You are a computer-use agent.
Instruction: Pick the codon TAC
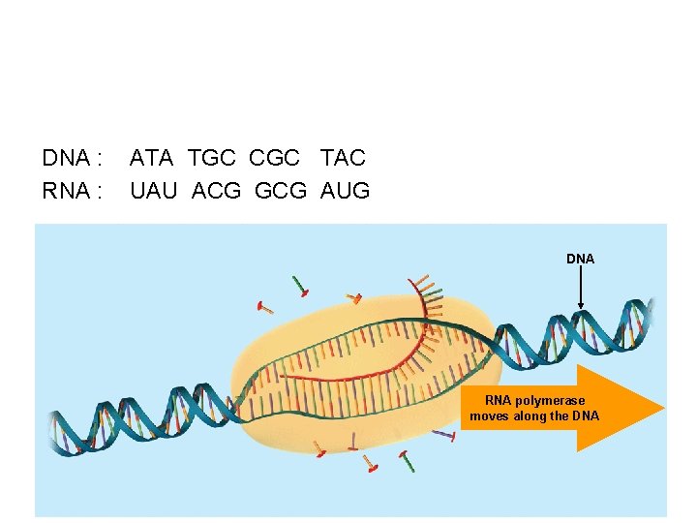(343, 157)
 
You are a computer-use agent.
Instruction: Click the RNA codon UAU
(154, 191)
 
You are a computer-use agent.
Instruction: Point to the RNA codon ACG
(217, 191)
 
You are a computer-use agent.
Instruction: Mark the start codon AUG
(346, 191)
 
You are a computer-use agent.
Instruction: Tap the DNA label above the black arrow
(580, 259)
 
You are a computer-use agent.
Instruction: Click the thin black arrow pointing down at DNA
(580, 290)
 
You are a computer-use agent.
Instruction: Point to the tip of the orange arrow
(663, 408)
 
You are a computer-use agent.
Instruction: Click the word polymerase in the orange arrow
(550, 400)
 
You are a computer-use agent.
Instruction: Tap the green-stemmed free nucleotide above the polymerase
(303, 287)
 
